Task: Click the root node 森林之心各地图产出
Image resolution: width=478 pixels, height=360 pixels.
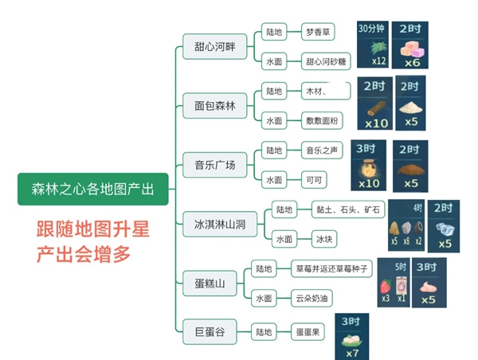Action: point(92,189)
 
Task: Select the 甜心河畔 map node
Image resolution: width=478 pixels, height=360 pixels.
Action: point(210,45)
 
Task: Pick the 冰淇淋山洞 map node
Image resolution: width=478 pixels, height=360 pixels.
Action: point(214,225)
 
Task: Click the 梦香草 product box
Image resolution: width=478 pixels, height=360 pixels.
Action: point(319,33)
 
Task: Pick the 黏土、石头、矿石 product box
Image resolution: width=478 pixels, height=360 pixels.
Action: point(349,209)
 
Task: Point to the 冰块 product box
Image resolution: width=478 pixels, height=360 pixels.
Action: point(323,239)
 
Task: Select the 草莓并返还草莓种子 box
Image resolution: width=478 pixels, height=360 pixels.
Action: point(331,268)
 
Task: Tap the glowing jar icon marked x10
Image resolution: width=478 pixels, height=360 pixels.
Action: point(368,166)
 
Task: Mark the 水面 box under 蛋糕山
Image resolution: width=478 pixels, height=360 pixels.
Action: point(263,298)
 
